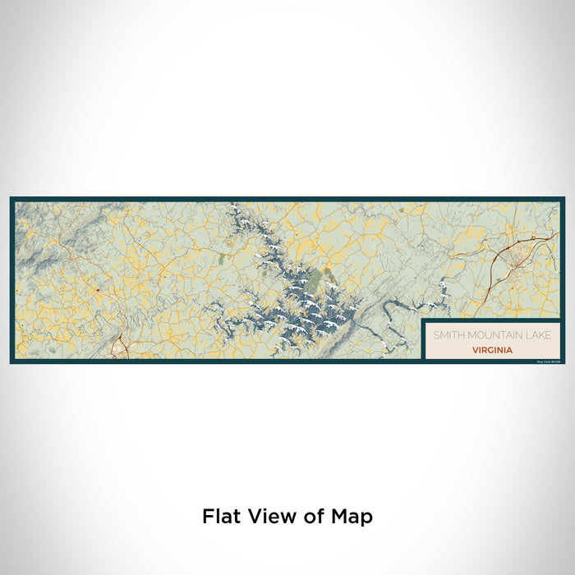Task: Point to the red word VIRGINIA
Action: (x=493, y=349)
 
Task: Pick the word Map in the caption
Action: (x=355, y=517)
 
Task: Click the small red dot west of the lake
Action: (x=96, y=291)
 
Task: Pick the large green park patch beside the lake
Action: (x=329, y=274)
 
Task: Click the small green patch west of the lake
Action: (x=223, y=260)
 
